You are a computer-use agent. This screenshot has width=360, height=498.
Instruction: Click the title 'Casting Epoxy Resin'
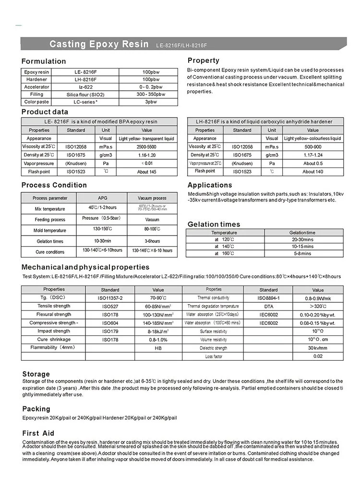[x=99, y=44]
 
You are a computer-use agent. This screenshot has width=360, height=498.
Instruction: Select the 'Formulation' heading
[x=44, y=61]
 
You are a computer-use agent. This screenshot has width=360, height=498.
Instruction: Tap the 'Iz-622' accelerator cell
[x=85, y=87]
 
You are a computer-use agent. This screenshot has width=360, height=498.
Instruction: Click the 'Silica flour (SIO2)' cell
[x=85, y=95]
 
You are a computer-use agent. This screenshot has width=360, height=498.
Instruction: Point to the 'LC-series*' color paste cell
[x=85, y=102]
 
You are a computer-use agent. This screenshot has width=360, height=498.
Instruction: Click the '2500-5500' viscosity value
[x=146, y=146]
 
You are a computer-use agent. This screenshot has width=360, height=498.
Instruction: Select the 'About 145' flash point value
[x=146, y=171]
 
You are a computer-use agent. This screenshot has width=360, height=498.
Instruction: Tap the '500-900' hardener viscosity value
[x=312, y=146]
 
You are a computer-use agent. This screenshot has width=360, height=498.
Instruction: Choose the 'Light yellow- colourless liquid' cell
[x=312, y=138]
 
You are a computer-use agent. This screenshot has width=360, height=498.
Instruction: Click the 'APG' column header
[x=103, y=198]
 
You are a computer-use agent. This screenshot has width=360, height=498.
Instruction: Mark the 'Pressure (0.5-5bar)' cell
[x=101, y=218]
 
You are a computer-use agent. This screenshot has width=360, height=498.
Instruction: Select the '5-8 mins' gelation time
[x=303, y=253]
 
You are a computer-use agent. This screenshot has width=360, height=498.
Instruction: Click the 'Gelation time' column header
[x=302, y=232]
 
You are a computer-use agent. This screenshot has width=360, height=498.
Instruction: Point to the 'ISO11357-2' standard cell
[x=110, y=298]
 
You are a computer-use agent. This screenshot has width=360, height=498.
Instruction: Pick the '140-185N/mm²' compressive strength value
[x=158, y=323]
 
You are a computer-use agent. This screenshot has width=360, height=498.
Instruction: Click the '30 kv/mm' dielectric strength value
[x=317, y=348]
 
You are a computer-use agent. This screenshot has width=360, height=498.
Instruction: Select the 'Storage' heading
[x=36, y=374]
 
